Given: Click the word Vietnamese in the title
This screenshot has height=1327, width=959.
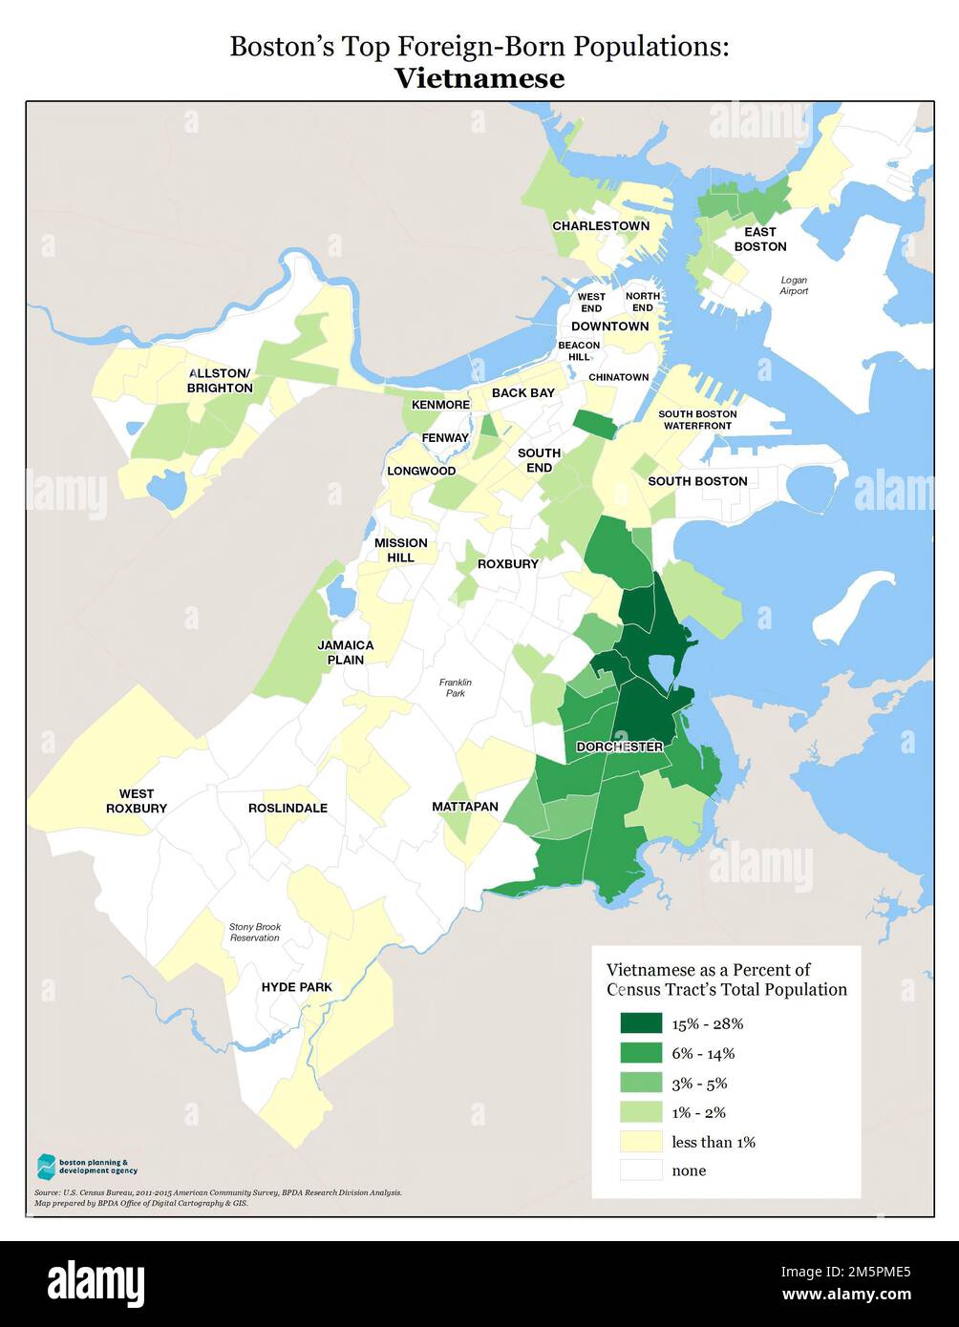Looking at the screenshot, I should (479, 78).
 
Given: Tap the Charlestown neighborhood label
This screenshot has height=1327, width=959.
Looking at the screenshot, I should (600, 226).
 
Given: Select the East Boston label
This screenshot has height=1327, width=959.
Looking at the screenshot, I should (760, 239).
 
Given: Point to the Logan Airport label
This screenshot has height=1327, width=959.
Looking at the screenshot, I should (794, 285).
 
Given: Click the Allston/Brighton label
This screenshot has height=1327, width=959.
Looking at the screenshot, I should (220, 381).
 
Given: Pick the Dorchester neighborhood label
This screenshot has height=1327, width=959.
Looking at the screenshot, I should (619, 747).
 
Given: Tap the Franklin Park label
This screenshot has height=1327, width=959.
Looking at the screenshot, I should (456, 687).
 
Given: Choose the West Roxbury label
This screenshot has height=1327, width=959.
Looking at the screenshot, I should (137, 801).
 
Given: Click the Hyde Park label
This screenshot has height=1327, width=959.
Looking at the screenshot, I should (296, 987).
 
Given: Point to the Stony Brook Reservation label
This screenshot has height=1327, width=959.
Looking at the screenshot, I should (254, 932).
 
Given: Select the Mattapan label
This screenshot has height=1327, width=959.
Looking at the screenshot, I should (465, 807).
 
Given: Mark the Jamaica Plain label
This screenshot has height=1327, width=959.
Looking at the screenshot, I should (346, 652).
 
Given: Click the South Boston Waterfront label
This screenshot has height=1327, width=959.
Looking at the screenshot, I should (697, 419).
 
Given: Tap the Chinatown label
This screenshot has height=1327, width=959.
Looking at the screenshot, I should (618, 377).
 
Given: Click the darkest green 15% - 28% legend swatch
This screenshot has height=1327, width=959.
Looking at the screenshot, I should (640, 1023).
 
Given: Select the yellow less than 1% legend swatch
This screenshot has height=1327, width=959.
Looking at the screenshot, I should (640, 1141).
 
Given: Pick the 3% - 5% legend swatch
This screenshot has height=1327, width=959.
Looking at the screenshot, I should (640, 1083).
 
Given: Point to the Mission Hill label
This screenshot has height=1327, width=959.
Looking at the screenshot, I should (400, 550).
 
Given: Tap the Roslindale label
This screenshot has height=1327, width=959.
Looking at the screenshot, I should (288, 808).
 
